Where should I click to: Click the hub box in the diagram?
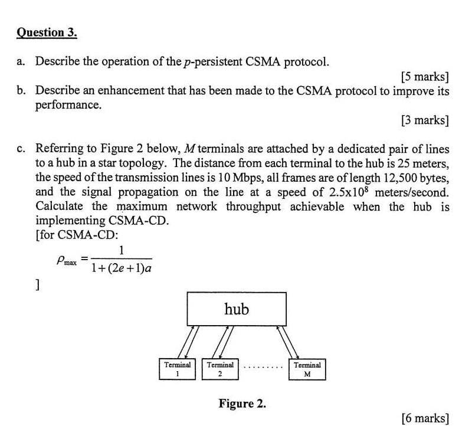click(237, 308)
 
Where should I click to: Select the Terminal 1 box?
click(178, 369)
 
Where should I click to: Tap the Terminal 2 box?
click(220, 369)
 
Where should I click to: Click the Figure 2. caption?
click(242, 404)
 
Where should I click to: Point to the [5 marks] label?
click(424, 77)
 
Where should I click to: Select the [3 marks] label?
click(424, 121)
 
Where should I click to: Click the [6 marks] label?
click(424, 418)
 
